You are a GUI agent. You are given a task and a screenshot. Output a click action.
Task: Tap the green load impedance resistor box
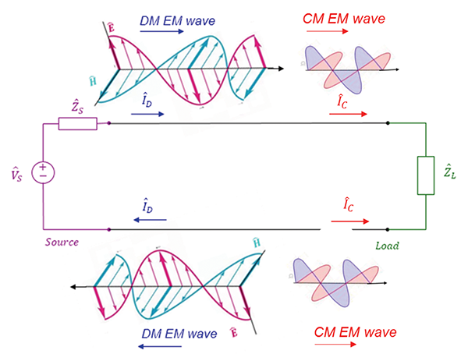point(425,174)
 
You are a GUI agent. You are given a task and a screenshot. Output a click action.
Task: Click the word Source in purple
point(62,242)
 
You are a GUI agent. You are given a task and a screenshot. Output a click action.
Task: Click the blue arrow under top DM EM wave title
point(163,25)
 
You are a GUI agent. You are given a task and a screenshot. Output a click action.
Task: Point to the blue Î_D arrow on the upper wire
point(148,114)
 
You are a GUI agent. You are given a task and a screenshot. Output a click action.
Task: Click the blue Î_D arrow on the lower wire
point(148,220)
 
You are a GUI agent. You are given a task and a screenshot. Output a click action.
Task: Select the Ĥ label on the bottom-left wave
point(257,244)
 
